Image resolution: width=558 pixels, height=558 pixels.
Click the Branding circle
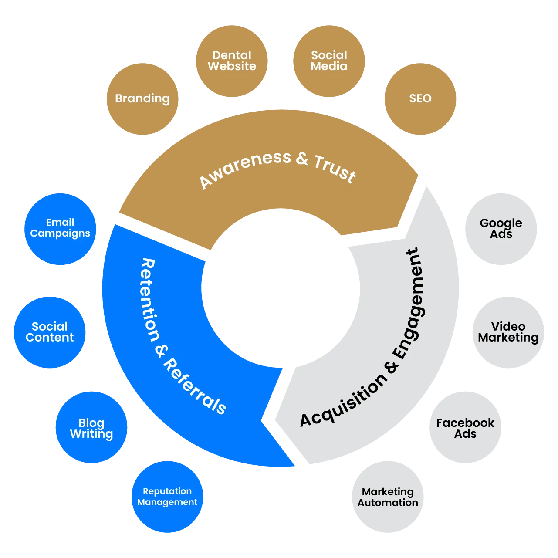click(142, 99)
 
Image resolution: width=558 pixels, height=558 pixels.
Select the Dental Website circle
click(232, 61)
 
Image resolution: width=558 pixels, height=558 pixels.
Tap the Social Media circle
click(329, 61)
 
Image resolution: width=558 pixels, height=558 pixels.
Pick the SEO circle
click(420, 99)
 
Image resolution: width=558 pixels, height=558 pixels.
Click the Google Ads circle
click(501, 229)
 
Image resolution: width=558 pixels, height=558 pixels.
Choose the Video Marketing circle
click(508, 332)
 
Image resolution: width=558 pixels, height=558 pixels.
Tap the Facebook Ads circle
click(465, 428)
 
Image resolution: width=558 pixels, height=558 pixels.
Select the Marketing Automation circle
click(388, 497)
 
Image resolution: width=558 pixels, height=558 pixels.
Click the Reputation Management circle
click(167, 497)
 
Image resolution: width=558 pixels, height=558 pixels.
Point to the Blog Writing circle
click(91, 428)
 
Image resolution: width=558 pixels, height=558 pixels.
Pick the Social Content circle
click(50, 332)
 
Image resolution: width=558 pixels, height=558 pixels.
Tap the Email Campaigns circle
click(60, 229)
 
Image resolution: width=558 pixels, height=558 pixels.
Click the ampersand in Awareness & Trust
click(302, 158)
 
